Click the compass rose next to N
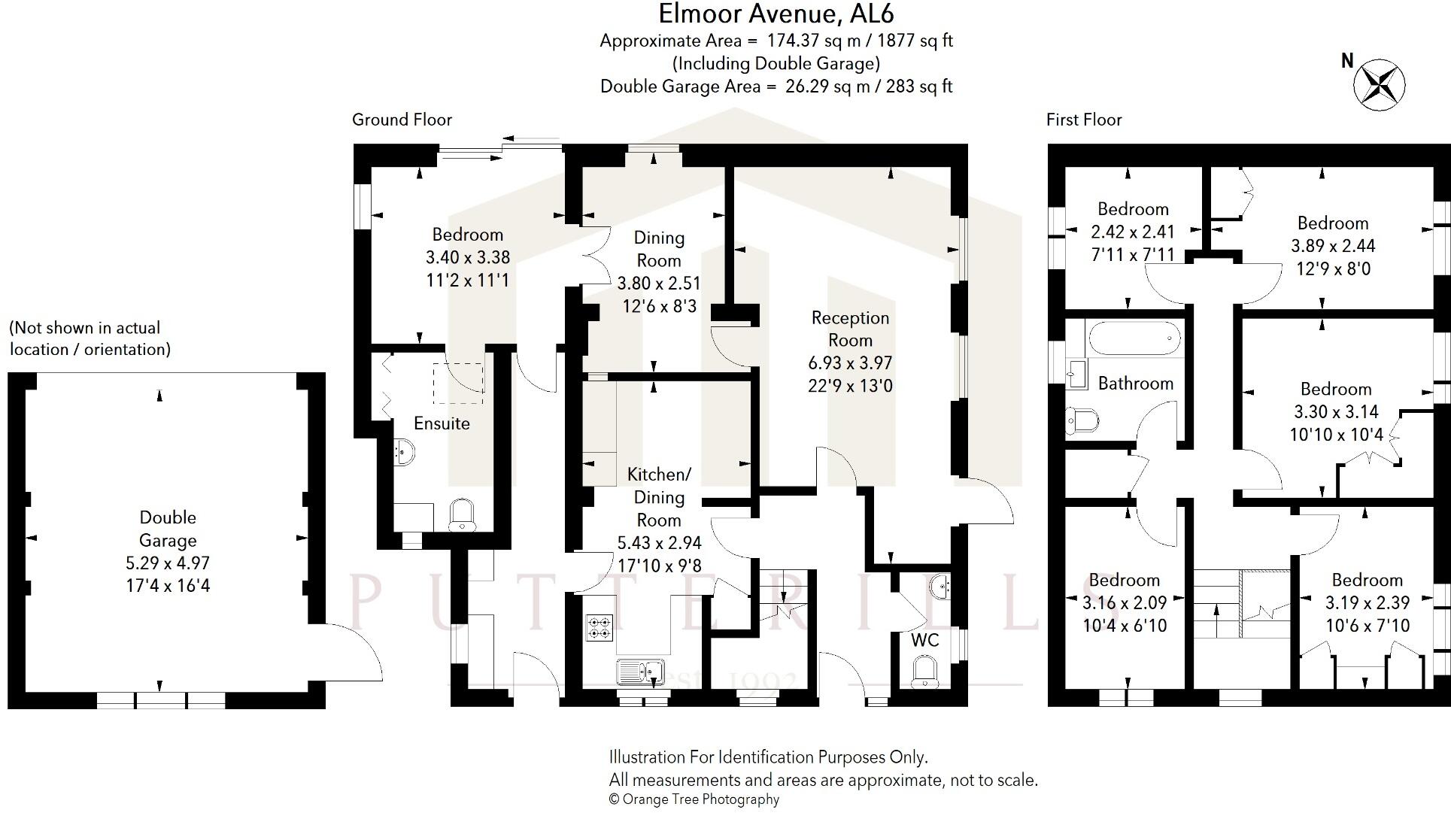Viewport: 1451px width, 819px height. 1380,85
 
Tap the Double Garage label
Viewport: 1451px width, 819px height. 168,529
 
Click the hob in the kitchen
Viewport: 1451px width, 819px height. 599,627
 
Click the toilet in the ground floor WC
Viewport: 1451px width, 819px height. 924,672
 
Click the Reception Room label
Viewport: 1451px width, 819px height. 850,329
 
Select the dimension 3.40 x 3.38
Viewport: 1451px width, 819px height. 467,257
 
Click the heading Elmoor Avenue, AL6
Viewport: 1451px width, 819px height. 776,14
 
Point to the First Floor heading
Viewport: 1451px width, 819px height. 1083,120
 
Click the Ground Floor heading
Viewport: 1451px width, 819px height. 402,120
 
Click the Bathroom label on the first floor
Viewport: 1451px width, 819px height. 1135,384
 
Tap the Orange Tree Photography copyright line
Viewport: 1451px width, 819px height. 694,799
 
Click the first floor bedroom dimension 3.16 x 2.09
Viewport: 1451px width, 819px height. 1124,603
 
